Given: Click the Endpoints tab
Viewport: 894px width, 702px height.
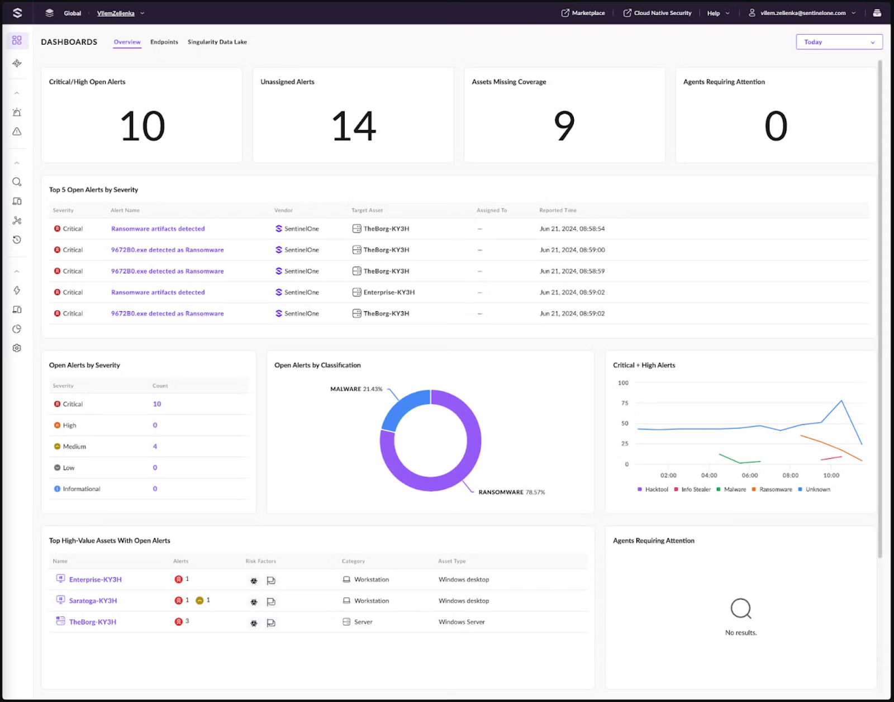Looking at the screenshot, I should tap(164, 42).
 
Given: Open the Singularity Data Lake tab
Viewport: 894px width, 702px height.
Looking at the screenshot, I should tap(217, 42).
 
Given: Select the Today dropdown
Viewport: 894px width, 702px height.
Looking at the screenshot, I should tap(839, 42).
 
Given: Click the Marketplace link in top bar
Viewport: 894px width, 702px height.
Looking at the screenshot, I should tap(583, 13).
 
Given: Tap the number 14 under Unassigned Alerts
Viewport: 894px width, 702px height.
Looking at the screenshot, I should tap(354, 126).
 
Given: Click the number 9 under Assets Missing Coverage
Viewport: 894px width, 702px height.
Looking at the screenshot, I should tap(564, 126).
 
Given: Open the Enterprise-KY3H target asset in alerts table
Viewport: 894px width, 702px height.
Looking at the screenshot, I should tap(388, 292).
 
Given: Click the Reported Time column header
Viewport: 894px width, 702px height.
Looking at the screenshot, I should tap(558, 211).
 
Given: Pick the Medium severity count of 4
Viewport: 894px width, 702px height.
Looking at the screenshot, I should tap(155, 447).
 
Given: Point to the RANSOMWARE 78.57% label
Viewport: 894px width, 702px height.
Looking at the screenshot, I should tap(511, 492).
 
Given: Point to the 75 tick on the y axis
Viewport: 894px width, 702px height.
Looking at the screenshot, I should tap(625, 403).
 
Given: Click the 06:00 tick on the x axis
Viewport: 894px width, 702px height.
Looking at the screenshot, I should tap(750, 476).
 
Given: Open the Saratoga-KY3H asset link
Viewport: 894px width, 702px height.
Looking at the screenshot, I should tap(93, 601).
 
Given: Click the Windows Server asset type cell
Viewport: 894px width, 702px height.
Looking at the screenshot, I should tap(462, 622).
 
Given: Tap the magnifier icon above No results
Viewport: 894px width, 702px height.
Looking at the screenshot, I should tap(741, 608).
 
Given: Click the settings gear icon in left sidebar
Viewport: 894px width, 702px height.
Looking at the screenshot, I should tap(17, 348).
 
